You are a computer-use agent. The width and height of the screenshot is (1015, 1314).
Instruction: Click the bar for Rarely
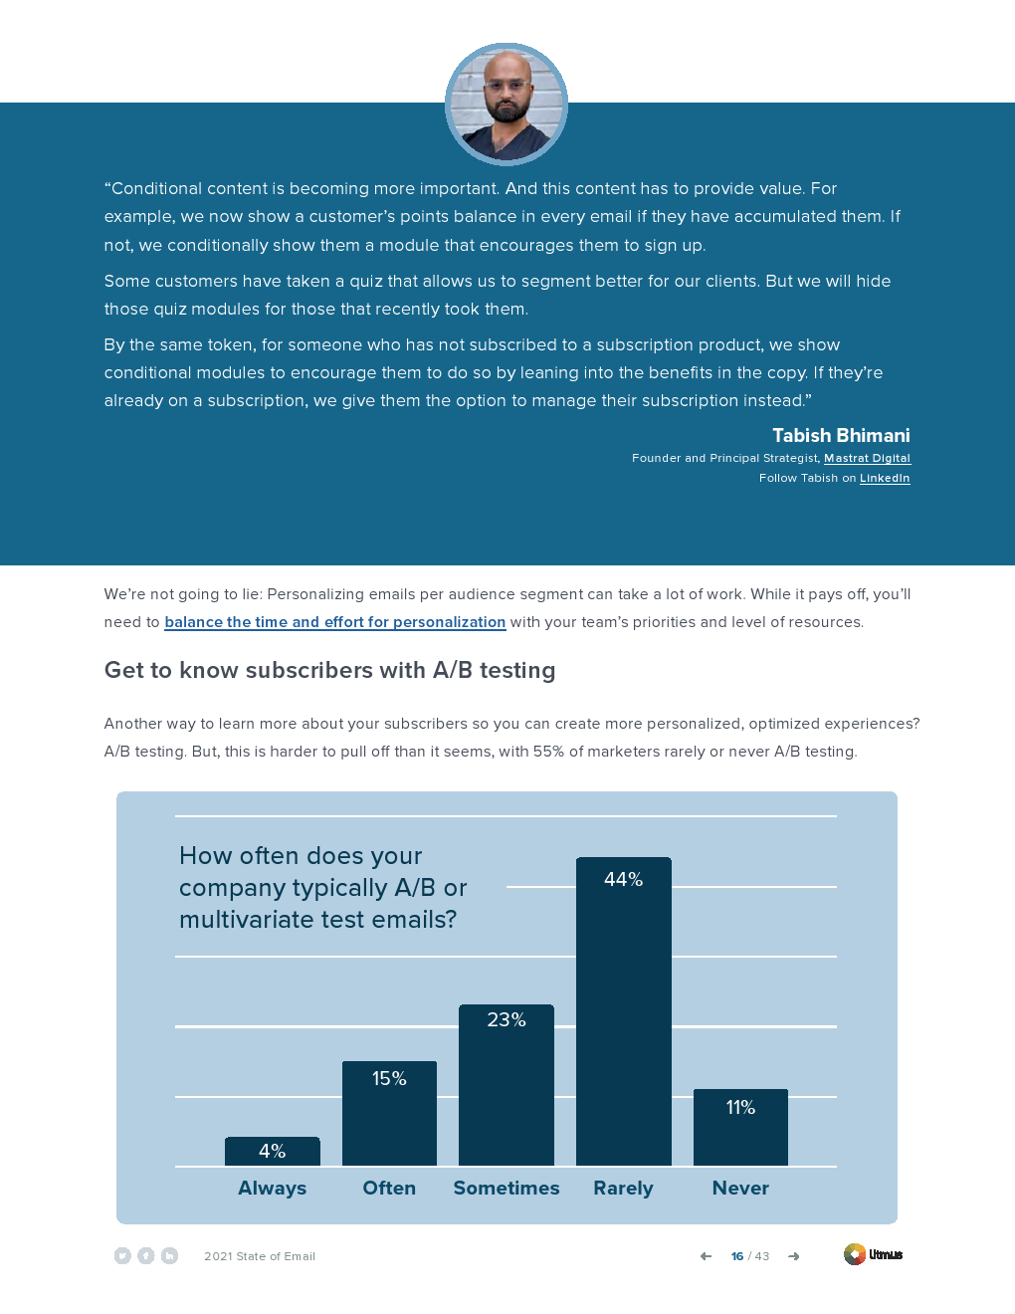pos(623,1025)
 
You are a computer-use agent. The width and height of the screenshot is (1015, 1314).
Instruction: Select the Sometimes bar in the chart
pos(506,1095)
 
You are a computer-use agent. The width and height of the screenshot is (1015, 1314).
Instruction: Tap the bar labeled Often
pos(389,1120)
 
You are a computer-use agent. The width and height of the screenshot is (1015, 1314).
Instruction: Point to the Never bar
pos(740,1135)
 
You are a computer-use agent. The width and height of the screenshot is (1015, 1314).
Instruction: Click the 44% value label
pos(623,879)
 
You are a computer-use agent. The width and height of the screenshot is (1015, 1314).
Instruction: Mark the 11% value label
pos(740,1107)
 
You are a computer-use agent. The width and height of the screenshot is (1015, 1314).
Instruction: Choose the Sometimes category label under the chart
pos(506,1188)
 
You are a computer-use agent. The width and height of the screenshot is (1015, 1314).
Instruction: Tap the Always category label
pos(272,1188)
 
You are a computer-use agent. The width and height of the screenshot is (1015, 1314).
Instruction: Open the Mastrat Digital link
pos(867,458)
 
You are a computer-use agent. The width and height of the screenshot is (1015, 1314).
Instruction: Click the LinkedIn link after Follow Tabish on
pos(885,478)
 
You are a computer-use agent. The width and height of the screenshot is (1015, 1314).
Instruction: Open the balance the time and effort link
pos(334,622)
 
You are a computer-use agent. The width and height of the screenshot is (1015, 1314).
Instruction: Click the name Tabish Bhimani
pos(841,435)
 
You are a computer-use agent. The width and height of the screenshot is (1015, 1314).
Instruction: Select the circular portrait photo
pos(507,104)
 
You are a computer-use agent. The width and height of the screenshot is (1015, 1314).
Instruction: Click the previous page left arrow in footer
pos(706,1256)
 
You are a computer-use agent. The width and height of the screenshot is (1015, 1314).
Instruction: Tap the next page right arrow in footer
pos(793,1256)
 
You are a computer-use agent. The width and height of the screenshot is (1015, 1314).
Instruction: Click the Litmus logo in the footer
pos(873,1254)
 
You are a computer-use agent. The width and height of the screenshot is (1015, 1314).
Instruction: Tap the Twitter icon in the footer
pos(122,1256)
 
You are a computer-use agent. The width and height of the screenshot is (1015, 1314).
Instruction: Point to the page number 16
pos(737,1256)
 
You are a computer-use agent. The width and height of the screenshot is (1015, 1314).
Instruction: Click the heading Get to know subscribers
pos(329,670)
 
